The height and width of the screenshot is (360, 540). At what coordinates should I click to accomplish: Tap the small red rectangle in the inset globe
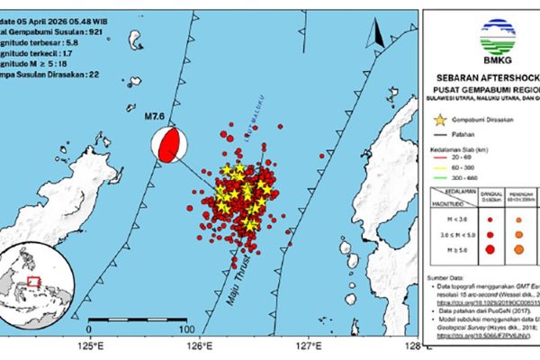click(34, 281)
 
